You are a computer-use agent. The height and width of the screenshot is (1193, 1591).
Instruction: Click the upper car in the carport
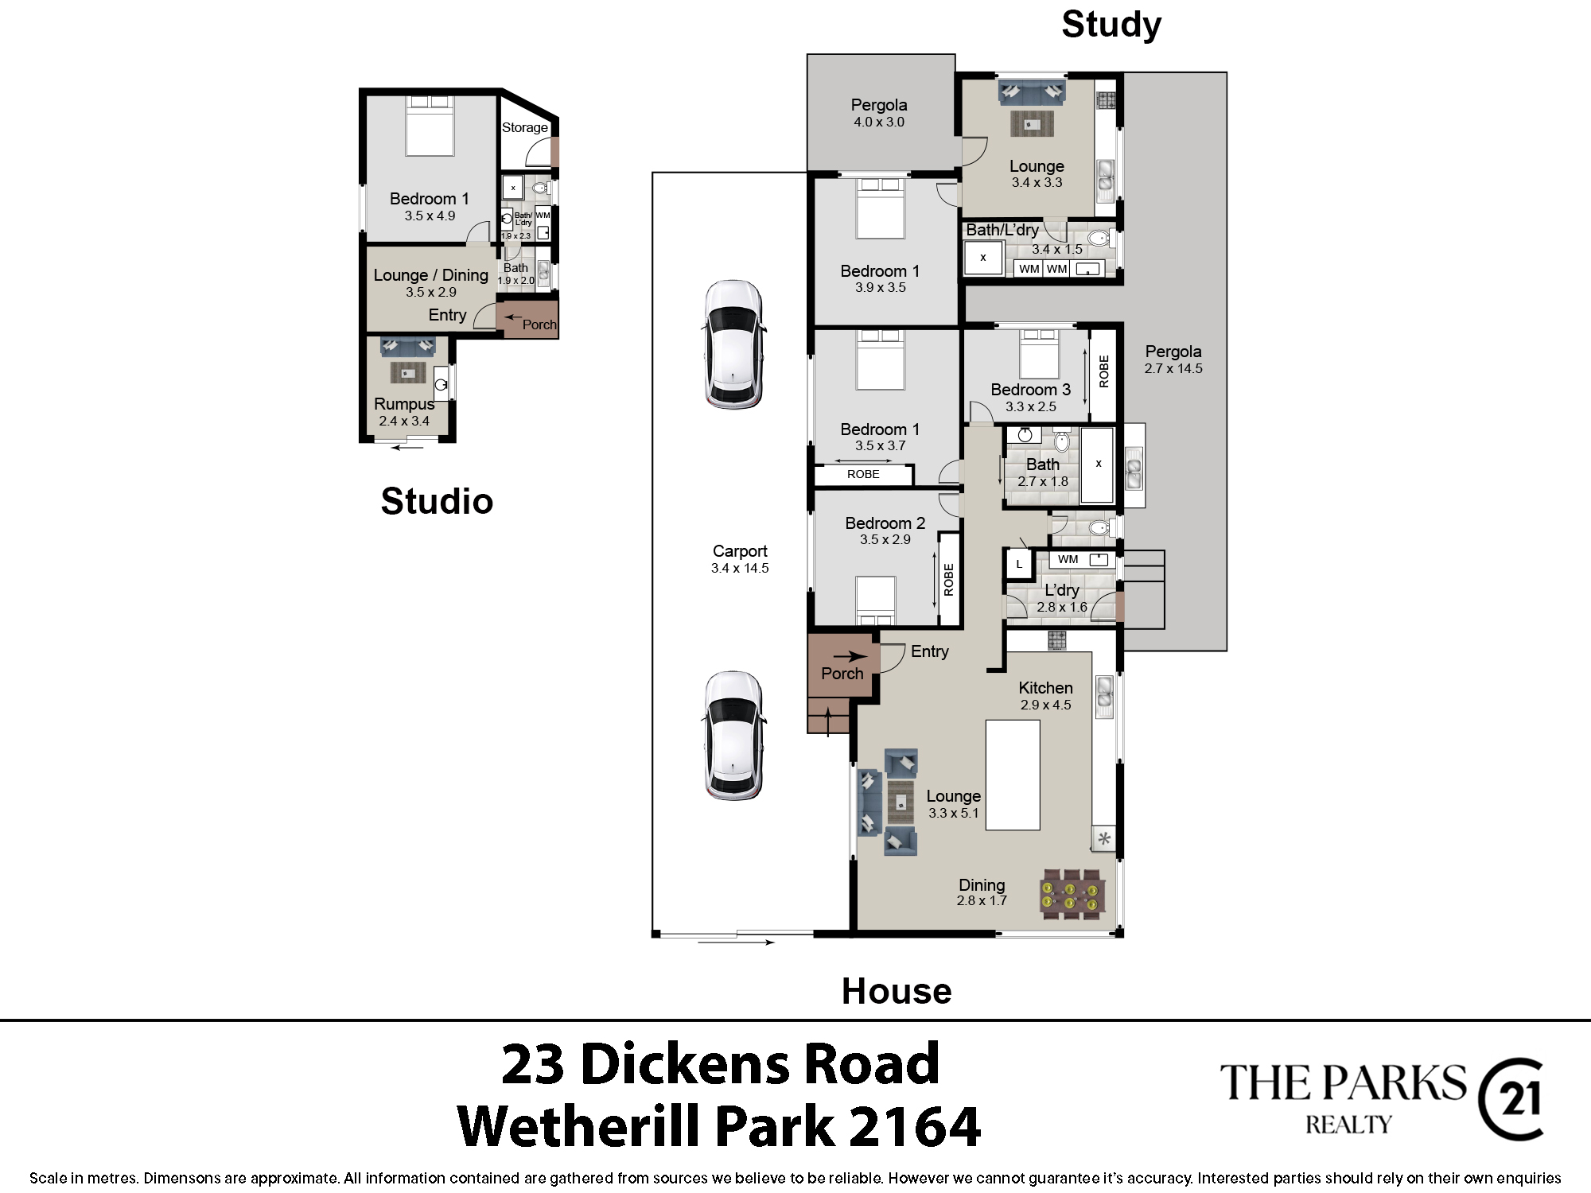(733, 344)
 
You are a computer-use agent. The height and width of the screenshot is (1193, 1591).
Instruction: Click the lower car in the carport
(733, 735)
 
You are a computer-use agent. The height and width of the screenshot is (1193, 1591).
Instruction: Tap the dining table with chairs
(1071, 895)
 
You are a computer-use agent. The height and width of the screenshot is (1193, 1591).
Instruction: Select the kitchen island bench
(1013, 775)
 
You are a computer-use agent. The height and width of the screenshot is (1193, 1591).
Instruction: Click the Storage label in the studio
(524, 127)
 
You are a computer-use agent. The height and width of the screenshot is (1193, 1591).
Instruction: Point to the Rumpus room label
(404, 404)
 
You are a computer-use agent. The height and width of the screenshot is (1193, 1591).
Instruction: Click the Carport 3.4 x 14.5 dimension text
(740, 568)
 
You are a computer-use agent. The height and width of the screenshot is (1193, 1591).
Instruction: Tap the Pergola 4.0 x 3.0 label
(879, 113)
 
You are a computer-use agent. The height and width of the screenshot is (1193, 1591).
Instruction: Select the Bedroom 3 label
(1031, 390)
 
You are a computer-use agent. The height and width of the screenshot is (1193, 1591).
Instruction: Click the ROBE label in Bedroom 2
(948, 580)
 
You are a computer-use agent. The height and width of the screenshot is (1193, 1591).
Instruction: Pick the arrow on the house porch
(850, 656)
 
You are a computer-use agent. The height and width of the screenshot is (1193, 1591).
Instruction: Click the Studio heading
(437, 502)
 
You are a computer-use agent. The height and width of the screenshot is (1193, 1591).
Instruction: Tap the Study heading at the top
(1111, 25)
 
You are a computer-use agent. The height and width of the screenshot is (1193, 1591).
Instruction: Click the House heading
(897, 991)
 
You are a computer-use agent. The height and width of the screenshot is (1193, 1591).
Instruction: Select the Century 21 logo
(1511, 1099)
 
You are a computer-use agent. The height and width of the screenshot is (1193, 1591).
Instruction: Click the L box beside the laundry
(1018, 564)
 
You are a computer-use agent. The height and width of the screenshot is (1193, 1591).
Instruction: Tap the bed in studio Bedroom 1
(430, 126)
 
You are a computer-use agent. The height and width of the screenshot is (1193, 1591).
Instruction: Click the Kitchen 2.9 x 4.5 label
(1045, 695)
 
